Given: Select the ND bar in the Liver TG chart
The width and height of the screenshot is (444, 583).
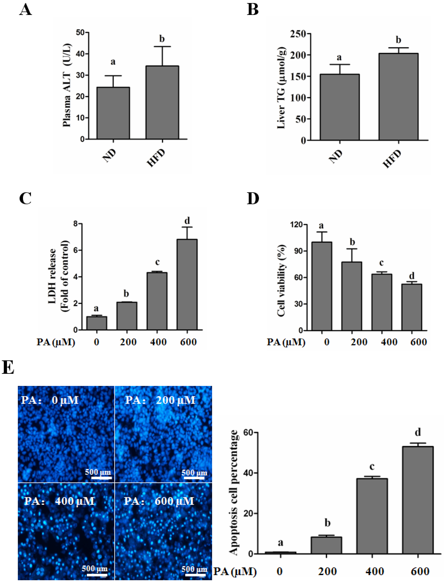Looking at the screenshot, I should (x=340, y=107).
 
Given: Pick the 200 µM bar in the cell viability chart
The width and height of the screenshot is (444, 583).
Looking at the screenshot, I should (x=352, y=296).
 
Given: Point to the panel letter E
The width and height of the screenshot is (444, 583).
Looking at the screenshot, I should (x=8, y=368).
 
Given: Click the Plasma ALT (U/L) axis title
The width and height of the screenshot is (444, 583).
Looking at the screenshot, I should (x=67, y=85).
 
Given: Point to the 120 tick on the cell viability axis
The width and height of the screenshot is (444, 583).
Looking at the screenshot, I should (x=298, y=225).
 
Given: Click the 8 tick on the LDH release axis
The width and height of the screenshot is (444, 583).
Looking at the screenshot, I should (x=76, y=224).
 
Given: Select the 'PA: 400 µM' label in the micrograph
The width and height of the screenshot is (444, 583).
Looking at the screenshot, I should (x=59, y=501).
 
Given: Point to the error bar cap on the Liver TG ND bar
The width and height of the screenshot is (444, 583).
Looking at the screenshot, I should (x=340, y=64).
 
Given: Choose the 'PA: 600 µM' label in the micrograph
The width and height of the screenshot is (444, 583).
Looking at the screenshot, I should (x=159, y=501).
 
